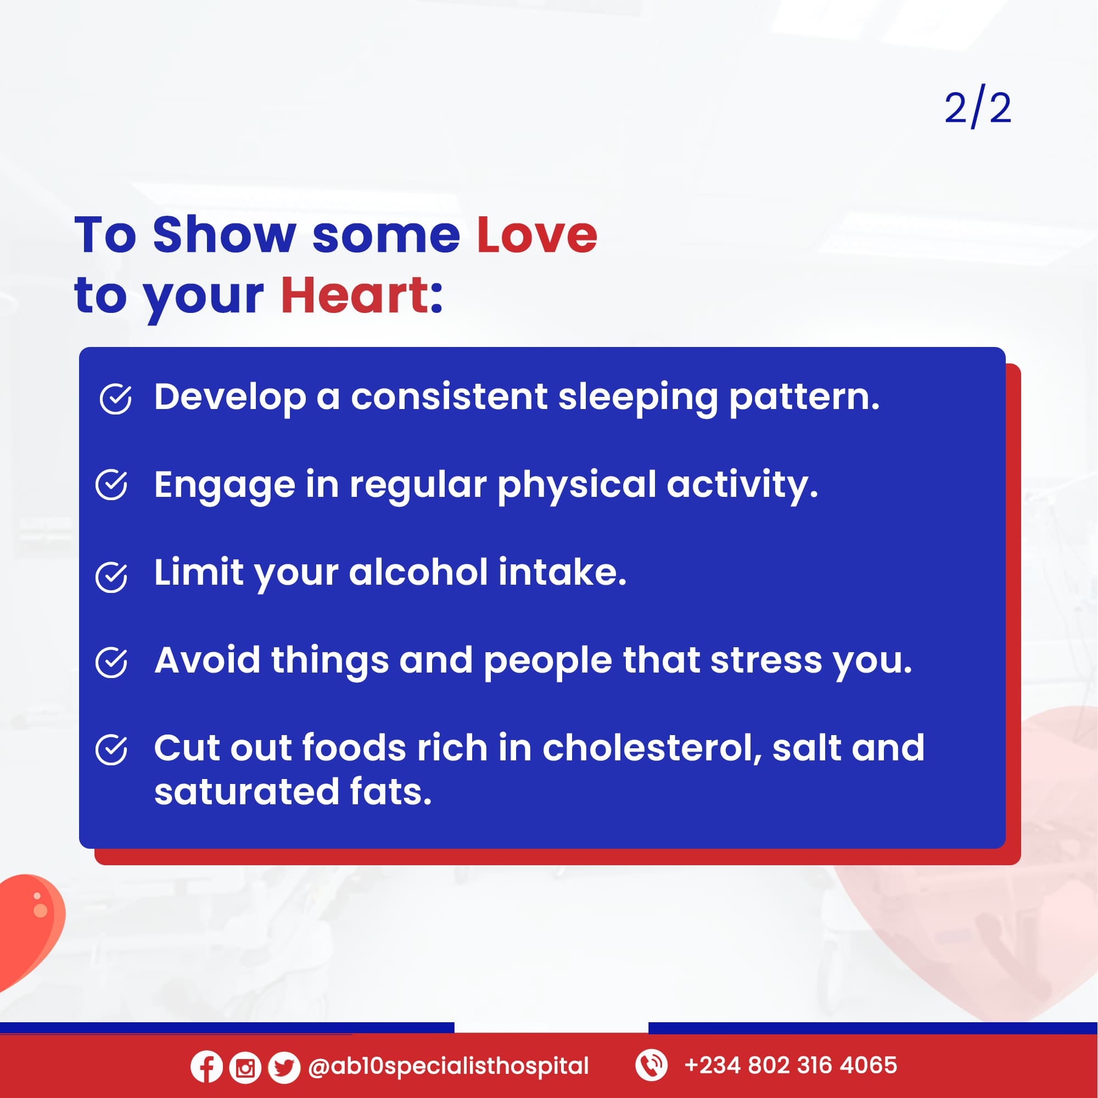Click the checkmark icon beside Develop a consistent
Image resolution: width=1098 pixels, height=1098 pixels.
point(116,399)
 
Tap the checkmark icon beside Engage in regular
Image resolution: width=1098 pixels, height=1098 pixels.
point(112,485)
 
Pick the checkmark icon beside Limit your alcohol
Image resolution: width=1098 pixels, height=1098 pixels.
point(112,577)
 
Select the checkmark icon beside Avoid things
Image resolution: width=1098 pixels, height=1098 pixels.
point(112,662)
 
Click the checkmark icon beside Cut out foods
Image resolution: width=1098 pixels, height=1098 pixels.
point(112,749)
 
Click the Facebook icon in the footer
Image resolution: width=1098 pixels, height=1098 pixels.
point(206,1066)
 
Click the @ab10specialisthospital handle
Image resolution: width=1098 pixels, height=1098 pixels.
point(449,1067)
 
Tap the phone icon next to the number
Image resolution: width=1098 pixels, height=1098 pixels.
point(651,1065)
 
